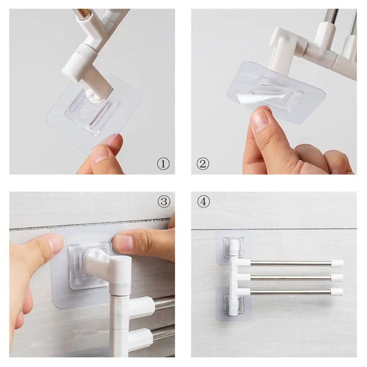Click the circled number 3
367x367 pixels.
[164, 202]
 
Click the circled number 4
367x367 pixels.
[203, 202]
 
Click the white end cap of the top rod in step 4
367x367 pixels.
[337, 263]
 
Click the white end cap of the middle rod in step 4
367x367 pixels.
[337, 278]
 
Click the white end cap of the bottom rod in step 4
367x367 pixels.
[337, 292]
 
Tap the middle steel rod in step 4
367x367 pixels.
[290, 278]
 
